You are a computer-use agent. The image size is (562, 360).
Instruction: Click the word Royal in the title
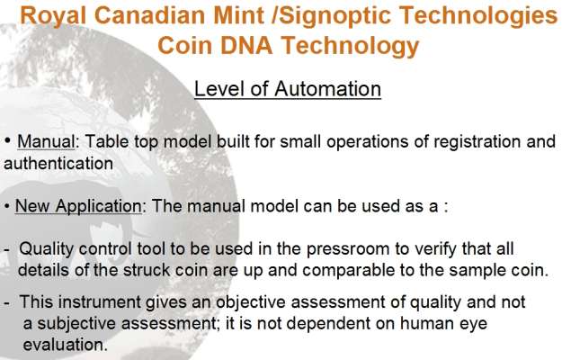(53, 16)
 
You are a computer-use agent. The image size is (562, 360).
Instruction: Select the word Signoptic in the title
(335, 16)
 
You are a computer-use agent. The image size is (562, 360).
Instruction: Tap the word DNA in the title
(246, 46)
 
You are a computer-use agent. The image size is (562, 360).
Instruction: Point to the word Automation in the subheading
(327, 88)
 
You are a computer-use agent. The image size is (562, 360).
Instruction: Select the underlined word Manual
(46, 141)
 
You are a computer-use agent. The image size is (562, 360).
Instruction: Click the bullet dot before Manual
(7, 140)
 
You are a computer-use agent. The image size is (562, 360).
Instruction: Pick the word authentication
(58, 164)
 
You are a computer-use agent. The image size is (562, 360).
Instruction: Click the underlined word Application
(99, 206)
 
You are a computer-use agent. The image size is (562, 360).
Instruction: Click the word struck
(147, 270)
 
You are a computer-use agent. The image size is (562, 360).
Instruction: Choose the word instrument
(100, 301)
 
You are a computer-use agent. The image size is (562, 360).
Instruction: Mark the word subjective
(77, 324)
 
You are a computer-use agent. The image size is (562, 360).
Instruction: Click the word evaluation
(66, 345)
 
